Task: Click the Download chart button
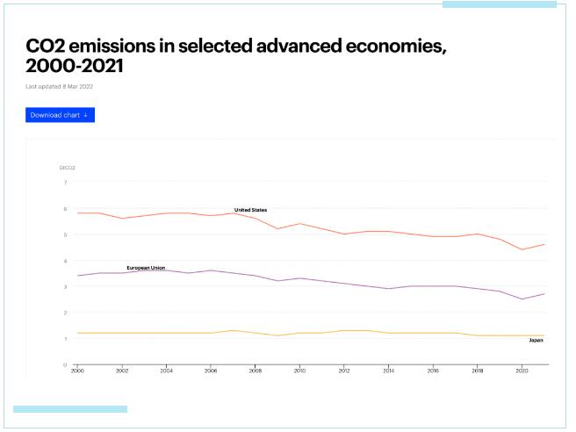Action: [x=60, y=115]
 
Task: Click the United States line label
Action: [x=250, y=210]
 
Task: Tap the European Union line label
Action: [x=146, y=267]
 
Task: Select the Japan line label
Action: [x=536, y=340]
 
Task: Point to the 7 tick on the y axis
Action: [x=64, y=183]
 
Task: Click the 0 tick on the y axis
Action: [x=64, y=364]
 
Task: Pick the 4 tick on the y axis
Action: [x=64, y=261]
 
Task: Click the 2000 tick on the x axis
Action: [x=77, y=371]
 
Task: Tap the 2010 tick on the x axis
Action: [x=299, y=371]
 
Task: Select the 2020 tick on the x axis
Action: [x=521, y=371]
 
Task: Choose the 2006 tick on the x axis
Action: [x=210, y=371]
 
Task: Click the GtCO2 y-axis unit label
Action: [x=66, y=166]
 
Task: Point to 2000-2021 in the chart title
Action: [x=76, y=66]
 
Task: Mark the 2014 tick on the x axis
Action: [x=387, y=371]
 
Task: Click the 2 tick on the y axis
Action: [x=64, y=313]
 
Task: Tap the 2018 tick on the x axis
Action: [x=476, y=371]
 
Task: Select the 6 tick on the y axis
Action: [x=64, y=209]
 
